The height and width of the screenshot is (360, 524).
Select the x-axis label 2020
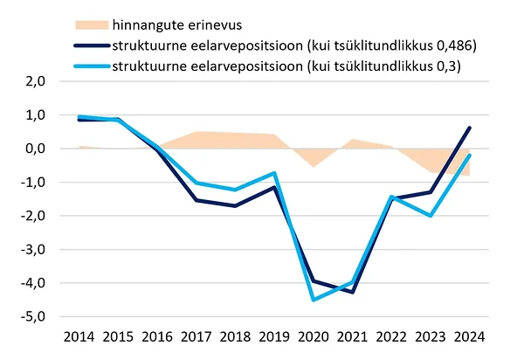pos(313,336)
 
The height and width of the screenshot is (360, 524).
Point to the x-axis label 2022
pos(391,336)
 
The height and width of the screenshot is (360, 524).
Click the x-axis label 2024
pos(469,336)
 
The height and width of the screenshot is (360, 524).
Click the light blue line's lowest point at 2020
pos(313,300)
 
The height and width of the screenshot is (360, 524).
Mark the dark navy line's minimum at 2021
pos(352,292)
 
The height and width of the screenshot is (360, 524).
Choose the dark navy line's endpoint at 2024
pos(470,128)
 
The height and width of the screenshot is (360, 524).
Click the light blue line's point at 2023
pos(431,215)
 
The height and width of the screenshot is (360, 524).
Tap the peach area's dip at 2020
pos(313,166)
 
